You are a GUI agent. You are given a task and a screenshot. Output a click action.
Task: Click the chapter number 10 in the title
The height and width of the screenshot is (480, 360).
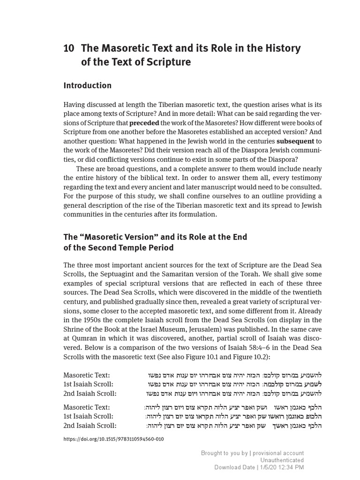(69, 48)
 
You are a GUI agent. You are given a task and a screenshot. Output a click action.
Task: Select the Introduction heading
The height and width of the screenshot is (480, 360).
(87, 85)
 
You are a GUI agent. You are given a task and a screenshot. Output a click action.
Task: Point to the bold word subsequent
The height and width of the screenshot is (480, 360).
(296, 141)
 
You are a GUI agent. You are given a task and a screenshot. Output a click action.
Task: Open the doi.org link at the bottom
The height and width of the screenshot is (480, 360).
(113, 439)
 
